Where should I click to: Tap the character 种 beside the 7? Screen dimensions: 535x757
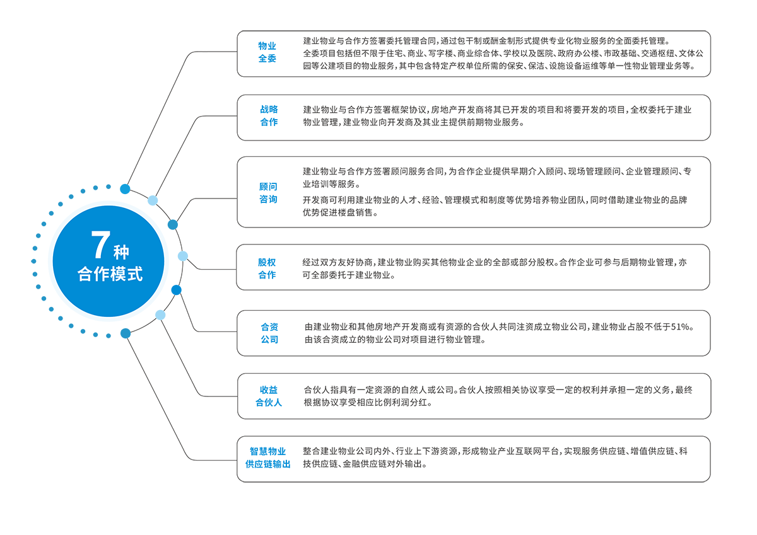tap(121, 253)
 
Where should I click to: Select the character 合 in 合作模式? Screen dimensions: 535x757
tap(85, 275)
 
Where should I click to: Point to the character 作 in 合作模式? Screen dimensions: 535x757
tap(102, 275)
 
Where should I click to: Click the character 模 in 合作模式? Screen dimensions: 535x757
tap(119, 275)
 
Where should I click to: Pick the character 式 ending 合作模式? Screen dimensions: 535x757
tap(135, 275)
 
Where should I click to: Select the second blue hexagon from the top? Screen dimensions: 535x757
tap(270, 117)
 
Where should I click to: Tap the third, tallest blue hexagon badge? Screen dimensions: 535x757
tap(270, 192)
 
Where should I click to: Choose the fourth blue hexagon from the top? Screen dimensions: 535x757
tap(270, 268)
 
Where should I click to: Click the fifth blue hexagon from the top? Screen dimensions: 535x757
tap(270, 334)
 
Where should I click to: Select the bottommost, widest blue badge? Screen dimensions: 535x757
tap(270, 459)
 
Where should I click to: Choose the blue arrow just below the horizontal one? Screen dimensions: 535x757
tap(186, 289)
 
